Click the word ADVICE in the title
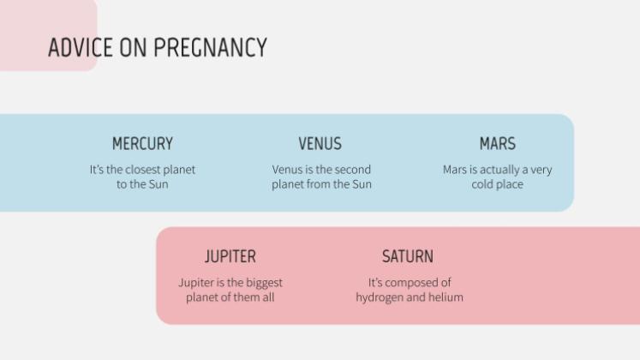coord(80,48)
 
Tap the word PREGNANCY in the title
coord(210,48)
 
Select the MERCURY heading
coord(142,143)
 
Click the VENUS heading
coord(320,143)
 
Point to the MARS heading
coord(497,143)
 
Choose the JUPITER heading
coord(230,256)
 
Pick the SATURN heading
coord(408,256)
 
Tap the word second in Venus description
coord(352,170)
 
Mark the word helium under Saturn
coord(446,297)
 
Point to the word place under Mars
coord(510,184)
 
